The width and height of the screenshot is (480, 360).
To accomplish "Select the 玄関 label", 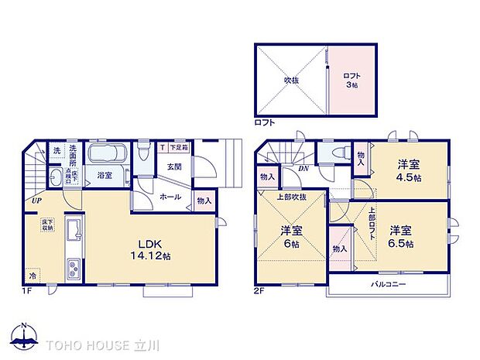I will (x=173, y=166).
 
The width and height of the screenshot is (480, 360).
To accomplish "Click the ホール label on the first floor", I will (x=171, y=197).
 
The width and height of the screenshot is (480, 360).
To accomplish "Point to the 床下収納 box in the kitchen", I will (x=48, y=225).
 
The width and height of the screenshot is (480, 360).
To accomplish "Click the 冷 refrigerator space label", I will (x=33, y=275).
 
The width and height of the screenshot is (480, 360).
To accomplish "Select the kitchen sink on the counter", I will (x=72, y=231).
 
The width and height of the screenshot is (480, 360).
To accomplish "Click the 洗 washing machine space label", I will (x=57, y=150).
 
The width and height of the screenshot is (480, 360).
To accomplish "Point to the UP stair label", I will (x=36, y=201).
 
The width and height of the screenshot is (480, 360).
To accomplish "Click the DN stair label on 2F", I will (x=304, y=169).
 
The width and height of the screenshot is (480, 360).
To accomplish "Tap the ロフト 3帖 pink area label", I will (x=351, y=80).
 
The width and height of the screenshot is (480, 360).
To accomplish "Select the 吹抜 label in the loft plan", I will (x=291, y=79).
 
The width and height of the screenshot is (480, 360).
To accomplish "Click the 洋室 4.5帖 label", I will (x=410, y=170).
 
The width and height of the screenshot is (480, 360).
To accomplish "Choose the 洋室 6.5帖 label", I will (x=400, y=236).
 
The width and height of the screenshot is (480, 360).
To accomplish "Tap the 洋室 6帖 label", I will (x=290, y=235).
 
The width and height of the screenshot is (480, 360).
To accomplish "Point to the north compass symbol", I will (x=25, y=338).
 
